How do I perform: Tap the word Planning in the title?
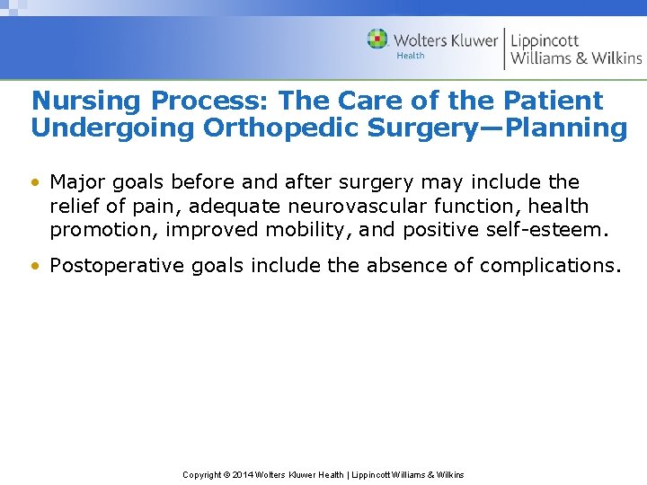(567, 128)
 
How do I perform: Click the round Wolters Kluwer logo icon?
(377, 40)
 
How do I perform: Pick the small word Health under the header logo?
(411, 56)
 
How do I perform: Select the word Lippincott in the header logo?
(545, 40)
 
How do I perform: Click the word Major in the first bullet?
(78, 182)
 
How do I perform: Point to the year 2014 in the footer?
(242, 475)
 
